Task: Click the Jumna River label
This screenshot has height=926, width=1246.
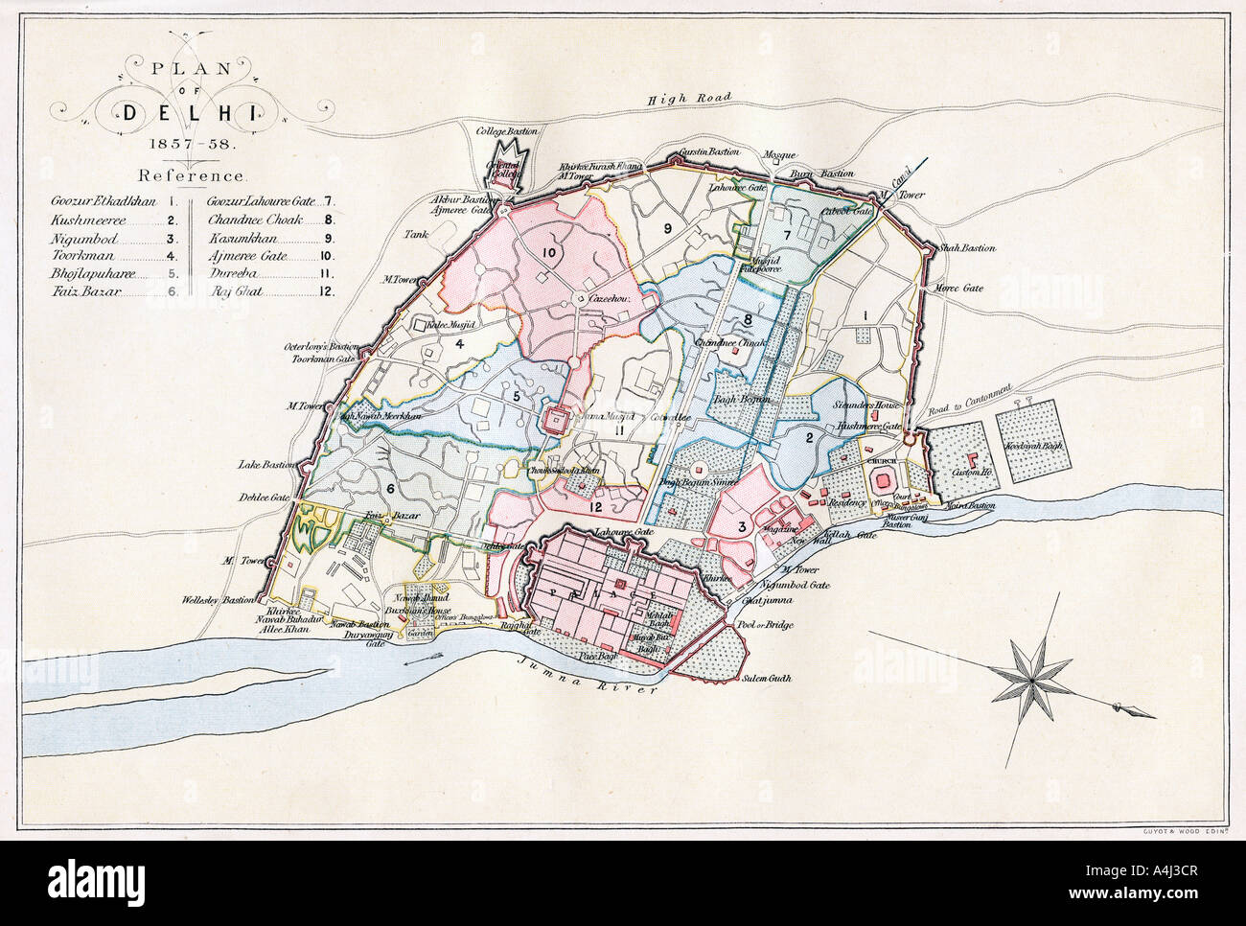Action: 586,677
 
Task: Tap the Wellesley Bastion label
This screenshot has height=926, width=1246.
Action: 221,601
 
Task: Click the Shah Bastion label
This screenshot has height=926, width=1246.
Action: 968,248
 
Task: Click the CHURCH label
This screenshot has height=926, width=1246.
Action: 880,462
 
